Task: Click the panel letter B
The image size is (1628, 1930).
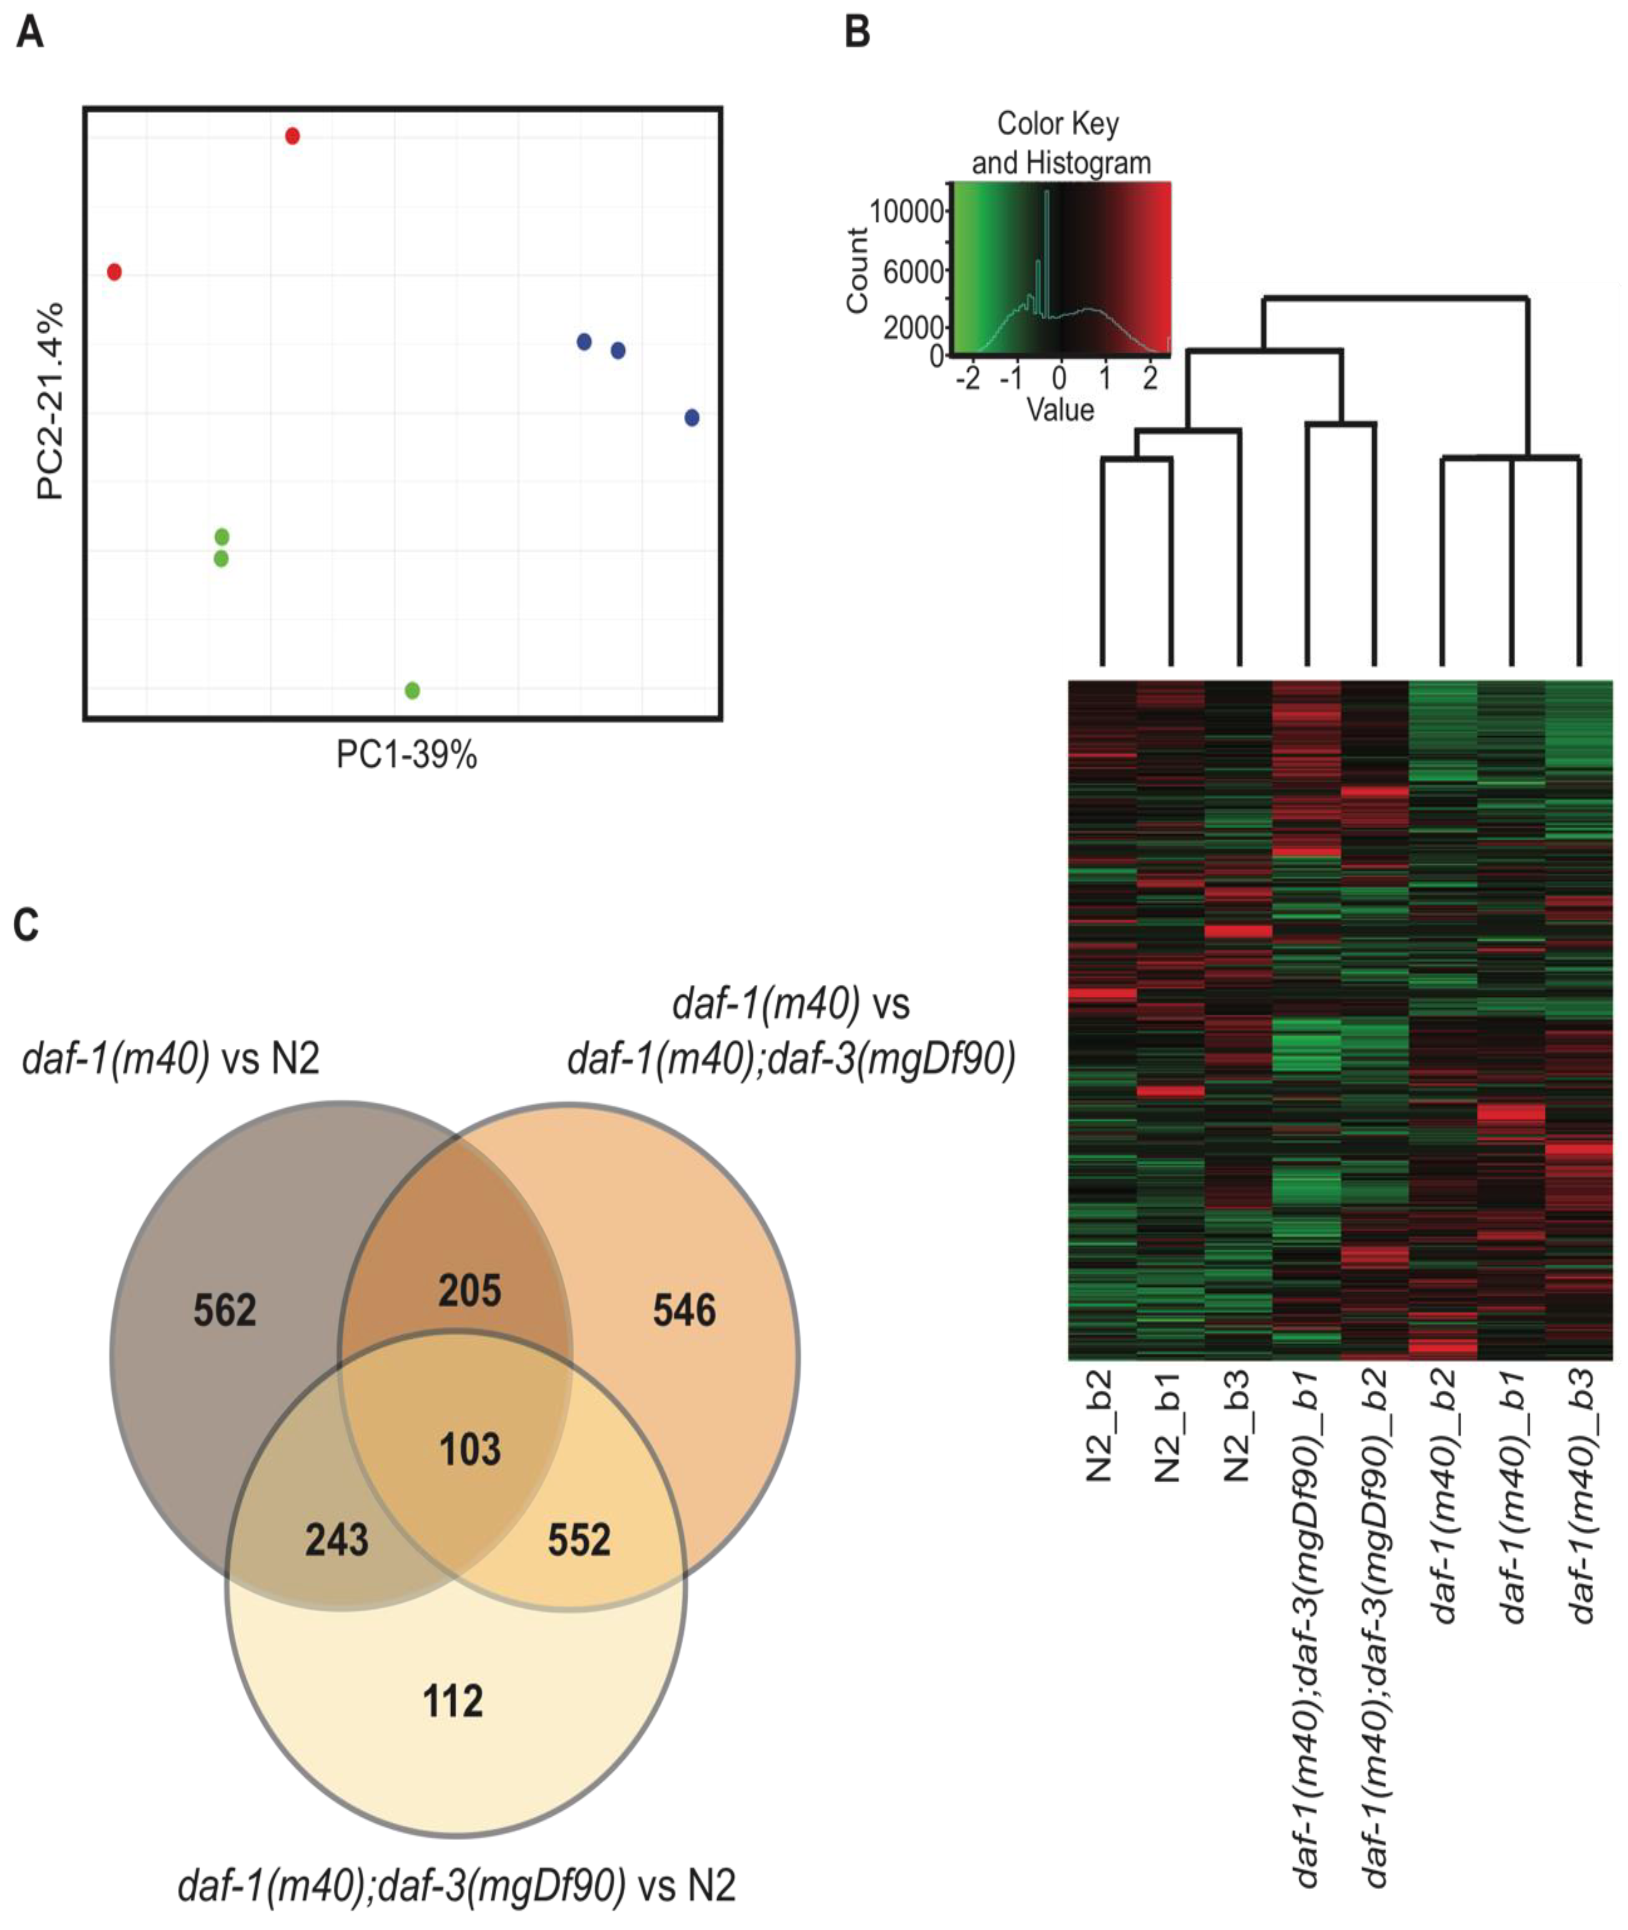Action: point(857,34)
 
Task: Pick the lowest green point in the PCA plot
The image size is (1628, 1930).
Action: point(413,690)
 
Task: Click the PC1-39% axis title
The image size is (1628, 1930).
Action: point(406,756)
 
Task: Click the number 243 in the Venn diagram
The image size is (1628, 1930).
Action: point(337,1540)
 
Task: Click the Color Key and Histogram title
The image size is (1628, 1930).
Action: point(1060,143)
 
